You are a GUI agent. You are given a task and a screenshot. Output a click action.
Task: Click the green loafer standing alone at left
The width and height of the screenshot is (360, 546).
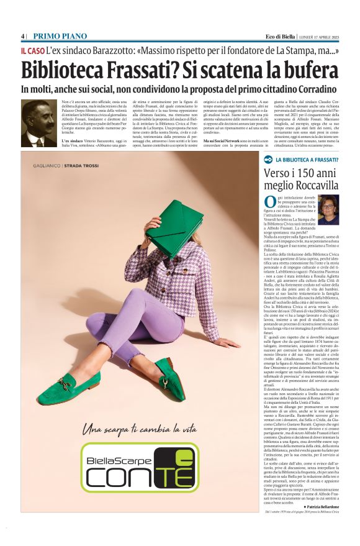[66, 389]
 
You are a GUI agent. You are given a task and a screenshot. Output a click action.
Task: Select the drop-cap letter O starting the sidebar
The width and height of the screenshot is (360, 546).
[270, 201]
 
